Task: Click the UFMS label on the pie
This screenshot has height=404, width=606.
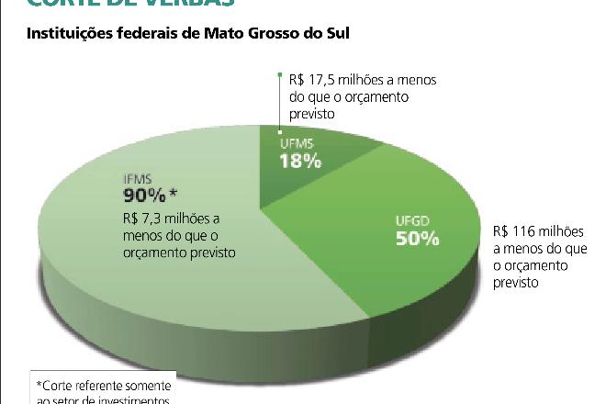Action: (296, 143)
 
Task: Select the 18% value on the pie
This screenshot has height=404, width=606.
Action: (301, 162)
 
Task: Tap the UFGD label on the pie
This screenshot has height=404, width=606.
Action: (411, 220)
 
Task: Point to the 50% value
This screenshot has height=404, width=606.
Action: (418, 239)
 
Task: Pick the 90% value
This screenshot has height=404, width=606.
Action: (145, 196)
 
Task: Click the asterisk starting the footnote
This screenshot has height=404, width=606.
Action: (39, 384)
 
